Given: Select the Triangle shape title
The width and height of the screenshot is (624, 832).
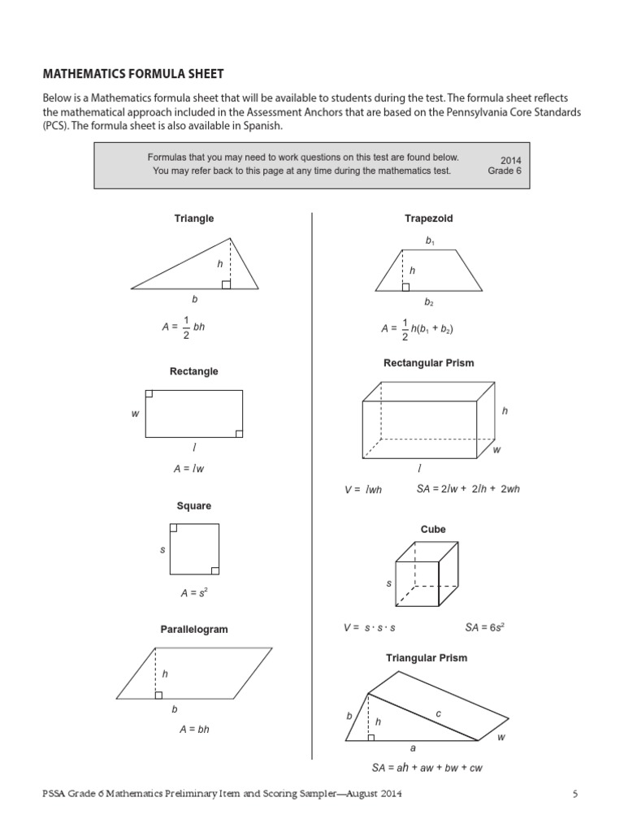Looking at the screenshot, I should coord(194,219).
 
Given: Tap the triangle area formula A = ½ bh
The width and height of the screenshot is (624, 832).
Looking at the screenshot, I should coord(184,327).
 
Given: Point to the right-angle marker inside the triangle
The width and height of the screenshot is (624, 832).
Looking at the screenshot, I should coord(226,284).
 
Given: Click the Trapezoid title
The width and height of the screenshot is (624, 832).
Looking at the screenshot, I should coord(428,219).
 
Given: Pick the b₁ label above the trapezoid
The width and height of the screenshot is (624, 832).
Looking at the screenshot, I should coord(430,241).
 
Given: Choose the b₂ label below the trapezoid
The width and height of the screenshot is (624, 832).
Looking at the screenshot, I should coord(430,302).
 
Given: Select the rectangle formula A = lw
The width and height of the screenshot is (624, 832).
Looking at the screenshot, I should coord(183,469).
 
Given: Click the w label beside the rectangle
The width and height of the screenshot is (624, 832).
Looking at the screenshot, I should coord(135,414).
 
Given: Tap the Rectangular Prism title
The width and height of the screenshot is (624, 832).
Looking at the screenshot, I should coord(428,363).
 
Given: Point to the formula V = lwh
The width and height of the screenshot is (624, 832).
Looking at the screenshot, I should coord(363,490).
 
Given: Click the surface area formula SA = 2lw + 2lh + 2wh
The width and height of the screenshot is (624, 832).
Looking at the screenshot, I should coord(468,489).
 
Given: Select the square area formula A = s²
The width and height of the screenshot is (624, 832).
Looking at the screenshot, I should coord(194,593).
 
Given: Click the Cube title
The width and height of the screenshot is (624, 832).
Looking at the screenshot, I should coord(432,529).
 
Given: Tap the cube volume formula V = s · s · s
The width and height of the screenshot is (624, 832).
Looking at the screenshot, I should coord(370,628).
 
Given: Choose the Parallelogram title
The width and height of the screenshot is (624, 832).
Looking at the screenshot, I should coord(193,629).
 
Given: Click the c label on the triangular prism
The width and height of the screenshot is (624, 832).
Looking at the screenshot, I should coord(438,713).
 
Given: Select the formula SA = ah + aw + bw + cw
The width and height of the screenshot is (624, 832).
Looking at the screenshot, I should coord(427,767).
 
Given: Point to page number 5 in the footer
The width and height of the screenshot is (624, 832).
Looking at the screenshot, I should coord(574,794).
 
